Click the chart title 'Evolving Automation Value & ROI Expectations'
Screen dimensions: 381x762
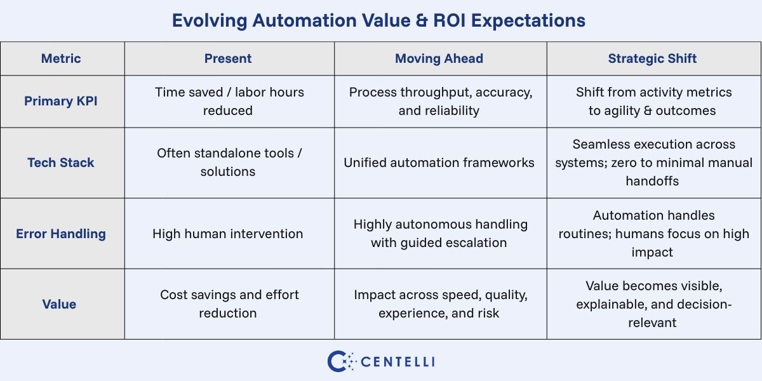click(378, 20)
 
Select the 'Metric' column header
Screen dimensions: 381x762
click(61, 58)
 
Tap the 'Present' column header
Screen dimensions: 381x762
click(228, 58)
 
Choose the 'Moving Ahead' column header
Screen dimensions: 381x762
click(439, 58)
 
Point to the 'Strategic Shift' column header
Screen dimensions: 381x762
click(652, 58)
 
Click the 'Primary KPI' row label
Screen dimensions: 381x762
click(61, 101)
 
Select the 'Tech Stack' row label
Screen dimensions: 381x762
click(61, 163)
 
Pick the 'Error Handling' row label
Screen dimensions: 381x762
click(61, 234)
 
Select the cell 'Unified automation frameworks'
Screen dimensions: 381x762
click(439, 163)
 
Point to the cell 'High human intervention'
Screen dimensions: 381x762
click(228, 234)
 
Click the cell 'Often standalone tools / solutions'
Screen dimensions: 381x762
click(228, 163)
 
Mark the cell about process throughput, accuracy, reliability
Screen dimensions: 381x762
click(440, 101)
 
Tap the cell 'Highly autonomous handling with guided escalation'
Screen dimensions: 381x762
click(440, 233)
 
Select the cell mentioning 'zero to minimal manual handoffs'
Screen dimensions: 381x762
click(653, 163)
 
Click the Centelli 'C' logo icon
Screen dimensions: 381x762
click(340, 361)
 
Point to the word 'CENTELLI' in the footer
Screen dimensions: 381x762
click(398, 362)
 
